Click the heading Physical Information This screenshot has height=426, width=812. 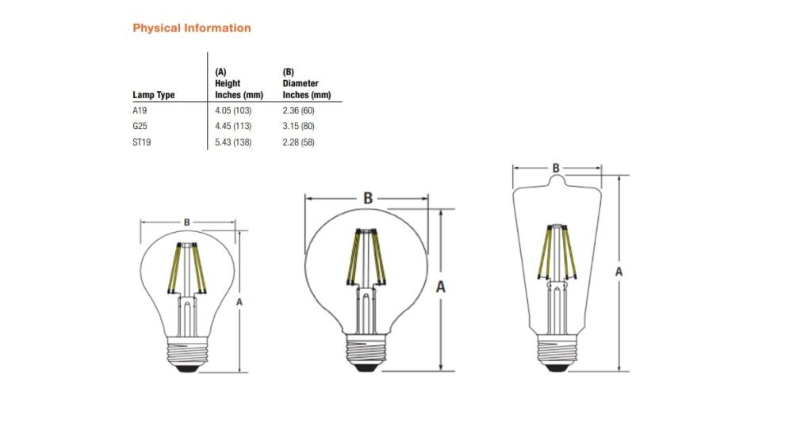191,28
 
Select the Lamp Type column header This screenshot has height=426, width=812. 154,95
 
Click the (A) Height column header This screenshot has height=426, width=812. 239,83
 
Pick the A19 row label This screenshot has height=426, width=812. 140,110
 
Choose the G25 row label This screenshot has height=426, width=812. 140,126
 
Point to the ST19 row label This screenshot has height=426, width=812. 142,142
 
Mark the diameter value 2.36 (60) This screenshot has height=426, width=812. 301,110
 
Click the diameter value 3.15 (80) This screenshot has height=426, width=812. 301,126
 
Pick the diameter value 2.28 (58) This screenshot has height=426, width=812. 301,142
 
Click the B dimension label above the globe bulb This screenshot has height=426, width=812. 368,198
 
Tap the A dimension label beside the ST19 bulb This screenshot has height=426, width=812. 619,272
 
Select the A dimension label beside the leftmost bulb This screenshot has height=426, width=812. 239,302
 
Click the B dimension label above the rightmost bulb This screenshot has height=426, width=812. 556,168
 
